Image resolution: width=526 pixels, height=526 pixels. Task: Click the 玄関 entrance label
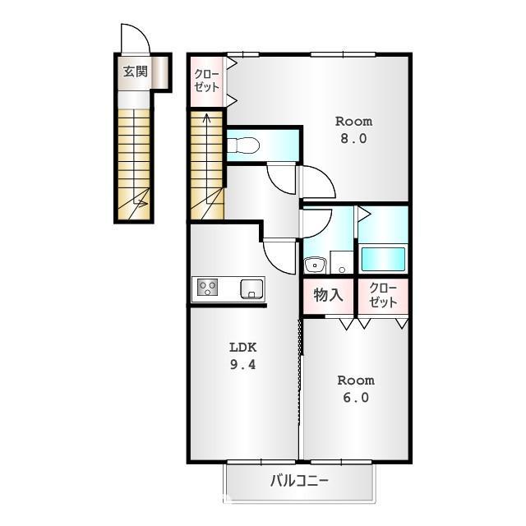pyautogui.click(x=136, y=72)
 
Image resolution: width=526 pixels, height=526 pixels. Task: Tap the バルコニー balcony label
pyautogui.click(x=300, y=481)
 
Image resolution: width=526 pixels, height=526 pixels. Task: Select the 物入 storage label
pyautogui.click(x=329, y=295)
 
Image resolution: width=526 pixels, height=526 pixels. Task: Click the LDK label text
pyautogui.click(x=242, y=347)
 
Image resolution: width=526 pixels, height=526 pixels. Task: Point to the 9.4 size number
pyautogui.click(x=242, y=366)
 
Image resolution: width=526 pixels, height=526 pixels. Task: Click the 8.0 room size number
pyautogui.click(x=354, y=138)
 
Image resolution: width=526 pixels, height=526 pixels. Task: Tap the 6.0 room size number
pyautogui.click(x=355, y=399)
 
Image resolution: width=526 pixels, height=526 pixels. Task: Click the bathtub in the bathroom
pyautogui.click(x=383, y=259)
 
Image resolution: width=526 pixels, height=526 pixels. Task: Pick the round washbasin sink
pyautogui.click(x=314, y=265)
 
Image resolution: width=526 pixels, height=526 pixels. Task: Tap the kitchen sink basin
pyautogui.click(x=251, y=288)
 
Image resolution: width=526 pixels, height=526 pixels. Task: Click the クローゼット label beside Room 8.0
pyautogui.click(x=206, y=79)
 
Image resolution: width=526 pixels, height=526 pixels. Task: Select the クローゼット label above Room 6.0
pyautogui.click(x=383, y=295)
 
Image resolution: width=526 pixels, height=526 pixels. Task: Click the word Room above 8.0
pyautogui.click(x=354, y=120)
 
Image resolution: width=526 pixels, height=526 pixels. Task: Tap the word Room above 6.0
pyautogui.click(x=355, y=381)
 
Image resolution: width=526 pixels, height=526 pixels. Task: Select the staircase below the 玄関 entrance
pyautogui.click(x=134, y=164)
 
